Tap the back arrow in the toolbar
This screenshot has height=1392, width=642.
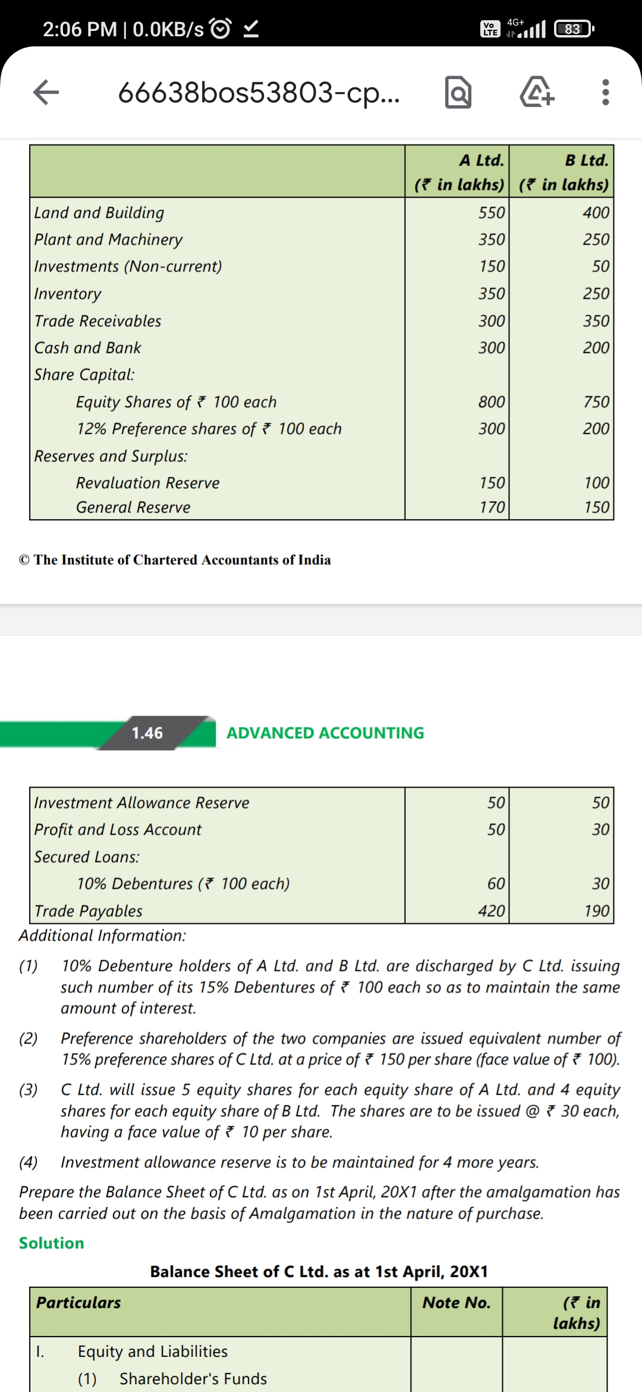pos(46,92)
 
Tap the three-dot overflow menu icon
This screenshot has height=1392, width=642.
pos(605,92)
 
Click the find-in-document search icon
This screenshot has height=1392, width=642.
pos(458,92)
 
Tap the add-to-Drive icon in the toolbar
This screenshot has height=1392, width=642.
pos(537,92)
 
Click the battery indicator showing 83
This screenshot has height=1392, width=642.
pos(573,29)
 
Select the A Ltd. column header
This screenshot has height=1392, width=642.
pos(458,172)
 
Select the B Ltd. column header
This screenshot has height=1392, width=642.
pos(563,172)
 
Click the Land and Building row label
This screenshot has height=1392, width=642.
pos(99,212)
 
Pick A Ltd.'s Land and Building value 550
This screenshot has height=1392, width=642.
pos(492,212)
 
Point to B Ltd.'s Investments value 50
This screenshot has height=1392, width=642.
pos(600,266)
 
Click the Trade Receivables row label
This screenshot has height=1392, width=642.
pos(98,321)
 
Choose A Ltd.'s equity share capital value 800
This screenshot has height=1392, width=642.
pos(492,402)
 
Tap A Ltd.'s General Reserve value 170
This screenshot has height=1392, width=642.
pos(492,507)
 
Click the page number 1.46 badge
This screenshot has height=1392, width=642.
pos(147,733)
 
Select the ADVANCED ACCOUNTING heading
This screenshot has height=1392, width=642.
pos(325,733)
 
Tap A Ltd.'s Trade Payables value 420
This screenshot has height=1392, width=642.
pos(492,911)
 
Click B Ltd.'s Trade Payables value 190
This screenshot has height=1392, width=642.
pos(596,911)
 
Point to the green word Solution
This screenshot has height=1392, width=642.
pos(52,1243)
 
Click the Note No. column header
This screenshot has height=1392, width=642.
pos(457,1303)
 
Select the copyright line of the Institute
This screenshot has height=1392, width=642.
pos(175,560)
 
